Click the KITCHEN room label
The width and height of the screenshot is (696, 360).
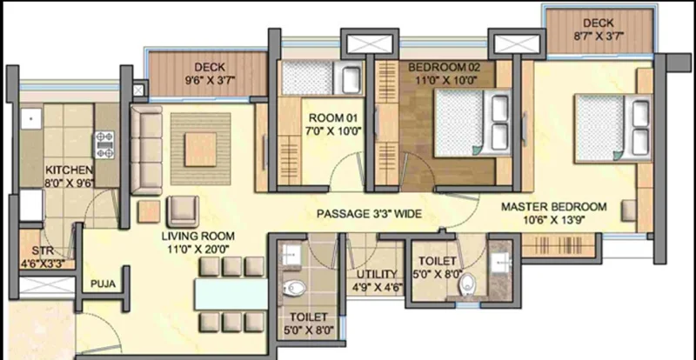pos(70,170)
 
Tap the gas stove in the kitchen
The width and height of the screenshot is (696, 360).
pos(104,144)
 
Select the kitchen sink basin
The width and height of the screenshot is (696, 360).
pos(31,119)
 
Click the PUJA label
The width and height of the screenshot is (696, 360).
pos(103,283)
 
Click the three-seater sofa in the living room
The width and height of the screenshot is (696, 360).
pos(146,150)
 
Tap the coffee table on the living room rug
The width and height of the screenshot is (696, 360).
pos(201,150)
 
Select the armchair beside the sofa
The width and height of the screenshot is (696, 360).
pos(183,211)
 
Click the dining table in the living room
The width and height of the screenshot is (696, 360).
pos(231,294)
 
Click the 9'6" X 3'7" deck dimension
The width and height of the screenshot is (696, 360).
pos(210,80)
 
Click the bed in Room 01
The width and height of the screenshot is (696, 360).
pos(322,77)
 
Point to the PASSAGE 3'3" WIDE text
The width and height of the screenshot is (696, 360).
pos(369,214)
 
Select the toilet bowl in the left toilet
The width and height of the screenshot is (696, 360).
pos(295,288)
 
